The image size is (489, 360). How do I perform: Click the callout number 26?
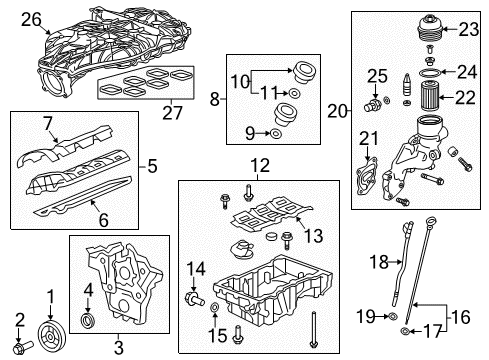click(31, 17)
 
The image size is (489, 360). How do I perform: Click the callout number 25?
click(376, 75)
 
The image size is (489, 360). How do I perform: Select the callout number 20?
click(337, 112)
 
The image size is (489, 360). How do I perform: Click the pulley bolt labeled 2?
click(23, 348)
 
